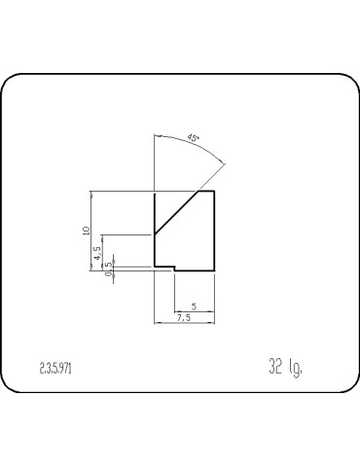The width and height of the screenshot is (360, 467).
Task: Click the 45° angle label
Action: point(193,138)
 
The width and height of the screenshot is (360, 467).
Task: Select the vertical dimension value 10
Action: point(87,231)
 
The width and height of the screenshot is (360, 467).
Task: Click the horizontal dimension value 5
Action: point(194,306)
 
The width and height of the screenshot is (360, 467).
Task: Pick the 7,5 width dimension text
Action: point(184,318)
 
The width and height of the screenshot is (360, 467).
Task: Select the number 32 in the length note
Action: point(275,367)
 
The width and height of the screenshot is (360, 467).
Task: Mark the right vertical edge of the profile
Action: point(214,229)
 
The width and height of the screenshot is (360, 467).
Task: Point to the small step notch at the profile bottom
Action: point(173,269)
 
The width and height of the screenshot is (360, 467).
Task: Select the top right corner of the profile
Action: point(214,192)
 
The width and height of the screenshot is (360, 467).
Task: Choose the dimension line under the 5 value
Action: point(194,311)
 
